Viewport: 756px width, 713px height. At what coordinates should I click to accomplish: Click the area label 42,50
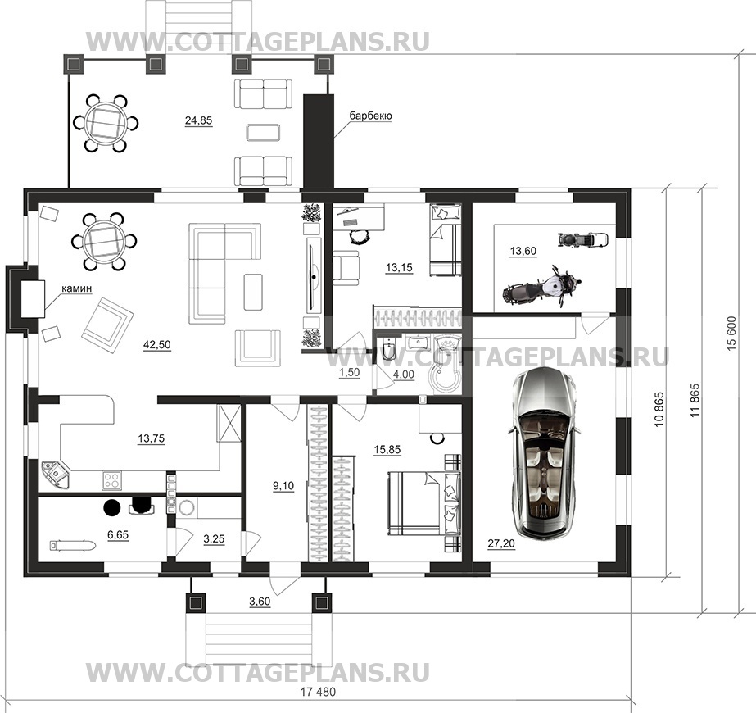coord(156,344)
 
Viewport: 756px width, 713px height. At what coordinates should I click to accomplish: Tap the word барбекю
coord(370,116)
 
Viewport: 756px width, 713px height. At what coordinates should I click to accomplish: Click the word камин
coord(77,288)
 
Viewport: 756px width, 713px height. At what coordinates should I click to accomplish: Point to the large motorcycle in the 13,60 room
coord(541,286)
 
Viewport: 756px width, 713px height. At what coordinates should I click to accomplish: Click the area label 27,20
coord(501,543)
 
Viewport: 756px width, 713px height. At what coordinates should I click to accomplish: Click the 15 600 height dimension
coord(732,334)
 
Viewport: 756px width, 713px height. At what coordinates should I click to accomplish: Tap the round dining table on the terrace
coord(106,124)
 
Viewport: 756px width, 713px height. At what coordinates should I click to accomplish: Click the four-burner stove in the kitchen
coord(112,479)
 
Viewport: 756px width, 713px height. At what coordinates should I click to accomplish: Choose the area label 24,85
coord(199,120)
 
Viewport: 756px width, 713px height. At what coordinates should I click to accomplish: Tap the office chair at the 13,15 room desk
coord(359,235)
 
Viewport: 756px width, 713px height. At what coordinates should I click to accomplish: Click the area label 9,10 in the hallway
coord(283,486)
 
